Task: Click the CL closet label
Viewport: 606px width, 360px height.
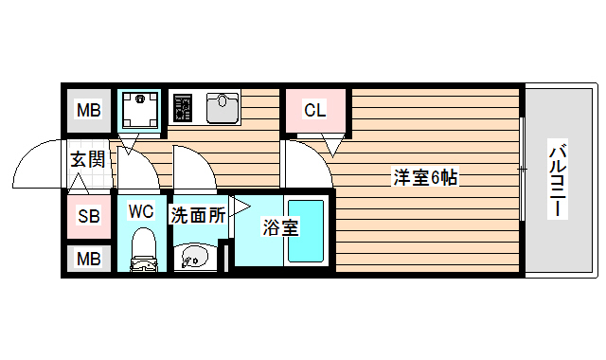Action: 314,111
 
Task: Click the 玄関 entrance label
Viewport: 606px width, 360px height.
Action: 87,158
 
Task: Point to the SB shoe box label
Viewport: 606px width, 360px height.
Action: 88,217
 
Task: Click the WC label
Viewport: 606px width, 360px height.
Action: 141,209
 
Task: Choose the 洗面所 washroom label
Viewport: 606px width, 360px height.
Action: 198,215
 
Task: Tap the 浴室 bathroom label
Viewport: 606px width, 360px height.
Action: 280,227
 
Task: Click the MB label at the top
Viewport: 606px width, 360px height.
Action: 88,112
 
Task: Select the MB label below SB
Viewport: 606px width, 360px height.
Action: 88,258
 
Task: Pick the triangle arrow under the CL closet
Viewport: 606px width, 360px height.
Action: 331,146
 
